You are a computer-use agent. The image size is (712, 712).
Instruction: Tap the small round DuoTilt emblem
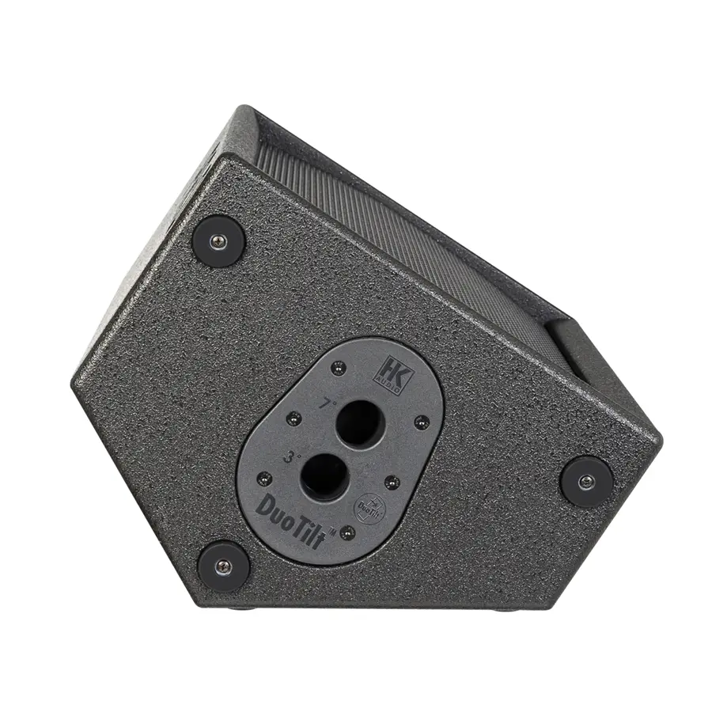tap(367, 503)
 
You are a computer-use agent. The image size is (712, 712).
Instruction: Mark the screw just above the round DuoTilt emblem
tap(388, 479)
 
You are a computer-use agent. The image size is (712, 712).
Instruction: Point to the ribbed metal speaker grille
tap(411, 222)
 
